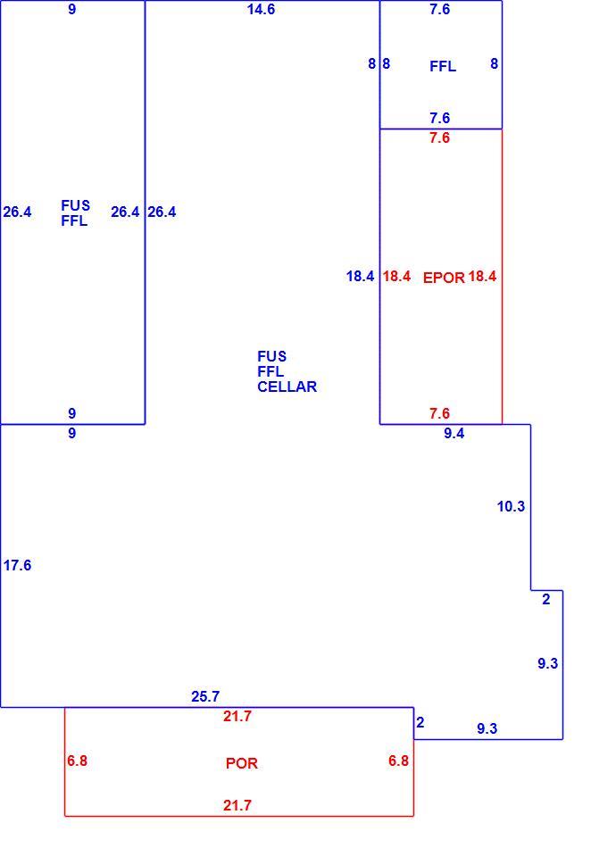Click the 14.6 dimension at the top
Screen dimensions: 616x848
pyautogui.click(x=261, y=9)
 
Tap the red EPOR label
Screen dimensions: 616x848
pyautogui.click(x=444, y=278)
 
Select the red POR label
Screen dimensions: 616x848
pyautogui.click(x=241, y=763)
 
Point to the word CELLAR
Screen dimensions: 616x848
pyautogui.click(x=287, y=387)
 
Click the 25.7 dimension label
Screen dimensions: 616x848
pyautogui.click(x=205, y=696)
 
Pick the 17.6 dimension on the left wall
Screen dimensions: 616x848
pyautogui.click(x=17, y=565)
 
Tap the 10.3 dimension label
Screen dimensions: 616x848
pyautogui.click(x=511, y=506)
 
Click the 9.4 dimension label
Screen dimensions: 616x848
pyautogui.click(x=454, y=433)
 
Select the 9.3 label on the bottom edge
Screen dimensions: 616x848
pyautogui.click(x=487, y=728)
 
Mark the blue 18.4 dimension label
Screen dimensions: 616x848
pyautogui.click(x=360, y=277)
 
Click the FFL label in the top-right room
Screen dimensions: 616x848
pyautogui.click(x=443, y=66)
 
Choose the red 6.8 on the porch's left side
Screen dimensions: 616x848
pyautogui.click(x=77, y=761)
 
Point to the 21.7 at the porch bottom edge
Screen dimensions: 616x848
pyautogui.click(x=237, y=805)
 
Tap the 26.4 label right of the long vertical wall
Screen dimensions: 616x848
pyautogui.click(x=162, y=212)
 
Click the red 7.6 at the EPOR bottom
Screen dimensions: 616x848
pyautogui.click(x=439, y=413)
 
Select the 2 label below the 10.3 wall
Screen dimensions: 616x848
pyautogui.click(x=545, y=599)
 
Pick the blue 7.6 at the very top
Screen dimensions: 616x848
pyautogui.click(x=439, y=9)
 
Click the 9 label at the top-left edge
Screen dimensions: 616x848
pyautogui.click(x=72, y=9)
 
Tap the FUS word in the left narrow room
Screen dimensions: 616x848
pyautogui.click(x=75, y=205)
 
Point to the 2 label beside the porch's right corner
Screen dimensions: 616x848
pyautogui.click(x=420, y=722)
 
